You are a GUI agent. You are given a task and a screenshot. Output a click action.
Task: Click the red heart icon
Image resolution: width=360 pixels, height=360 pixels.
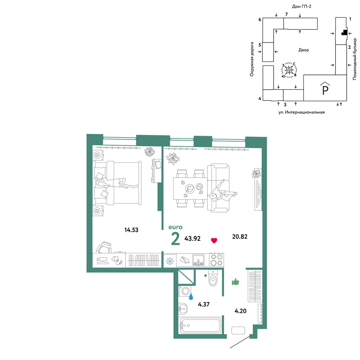(x=214, y=240)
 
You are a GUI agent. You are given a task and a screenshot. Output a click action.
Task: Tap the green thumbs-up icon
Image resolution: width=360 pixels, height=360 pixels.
(x=235, y=282)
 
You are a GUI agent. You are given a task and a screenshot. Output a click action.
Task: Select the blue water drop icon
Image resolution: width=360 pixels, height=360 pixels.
(x=191, y=297)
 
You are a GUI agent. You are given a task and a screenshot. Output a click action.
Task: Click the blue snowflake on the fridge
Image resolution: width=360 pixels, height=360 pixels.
(x=170, y=261)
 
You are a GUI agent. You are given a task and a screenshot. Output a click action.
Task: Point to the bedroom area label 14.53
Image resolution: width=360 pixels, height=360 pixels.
(x=131, y=230)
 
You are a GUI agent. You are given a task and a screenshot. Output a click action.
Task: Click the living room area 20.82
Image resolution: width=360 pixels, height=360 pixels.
(x=240, y=237)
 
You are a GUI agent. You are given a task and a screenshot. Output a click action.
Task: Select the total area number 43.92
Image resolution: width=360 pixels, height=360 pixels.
(x=192, y=239)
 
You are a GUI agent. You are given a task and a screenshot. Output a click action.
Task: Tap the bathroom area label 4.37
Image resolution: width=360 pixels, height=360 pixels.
(x=204, y=305)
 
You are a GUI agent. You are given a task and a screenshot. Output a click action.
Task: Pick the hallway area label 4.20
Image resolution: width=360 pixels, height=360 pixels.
(x=240, y=311)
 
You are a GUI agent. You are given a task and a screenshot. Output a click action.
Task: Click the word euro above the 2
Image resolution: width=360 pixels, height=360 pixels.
(x=175, y=227)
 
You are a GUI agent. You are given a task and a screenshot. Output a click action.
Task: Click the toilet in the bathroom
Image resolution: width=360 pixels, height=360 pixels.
(x=213, y=278)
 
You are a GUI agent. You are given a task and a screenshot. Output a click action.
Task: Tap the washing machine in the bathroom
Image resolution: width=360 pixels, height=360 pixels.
(x=185, y=291)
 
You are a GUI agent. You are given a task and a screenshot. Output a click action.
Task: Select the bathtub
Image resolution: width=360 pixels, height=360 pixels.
(x=200, y=325)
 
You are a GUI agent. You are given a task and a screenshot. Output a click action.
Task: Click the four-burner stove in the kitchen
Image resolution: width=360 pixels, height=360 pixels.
(x=216, y=260)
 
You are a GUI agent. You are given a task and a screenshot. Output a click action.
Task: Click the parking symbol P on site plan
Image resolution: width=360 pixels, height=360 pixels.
(x=325, y=89)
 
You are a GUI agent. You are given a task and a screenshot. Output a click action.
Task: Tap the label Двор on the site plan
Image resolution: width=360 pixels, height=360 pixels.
(x=303, y=50)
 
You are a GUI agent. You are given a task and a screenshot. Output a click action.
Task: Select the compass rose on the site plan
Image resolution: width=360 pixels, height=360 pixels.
(x=289, y=70)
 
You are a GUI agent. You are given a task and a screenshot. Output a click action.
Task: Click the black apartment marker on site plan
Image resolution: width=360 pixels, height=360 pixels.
(x=344, y=32)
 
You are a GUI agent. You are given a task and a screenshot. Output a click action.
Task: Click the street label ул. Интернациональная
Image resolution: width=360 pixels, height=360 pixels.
(x=301, y=112)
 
